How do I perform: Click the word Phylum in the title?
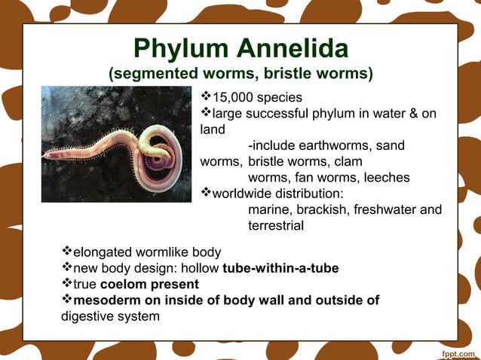pos(180,50)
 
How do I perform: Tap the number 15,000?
pos(235,98)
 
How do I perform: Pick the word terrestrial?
pos(276,225)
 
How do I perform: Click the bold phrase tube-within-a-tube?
pos(280,269)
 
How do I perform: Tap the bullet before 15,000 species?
pos(205,98)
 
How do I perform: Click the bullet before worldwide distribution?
pos(205,194)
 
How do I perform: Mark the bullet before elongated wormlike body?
pos(66,252)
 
